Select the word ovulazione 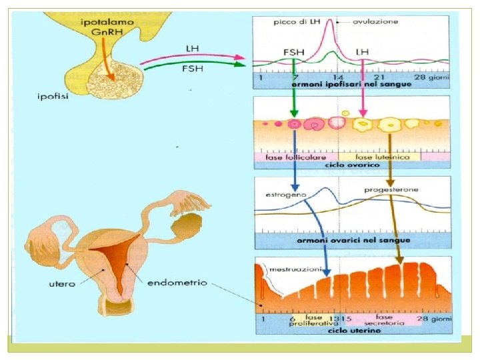click(375, 21)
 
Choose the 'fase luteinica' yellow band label click(381, 155)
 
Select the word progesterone click(391, 191)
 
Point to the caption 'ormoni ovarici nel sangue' click(351, 240)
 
